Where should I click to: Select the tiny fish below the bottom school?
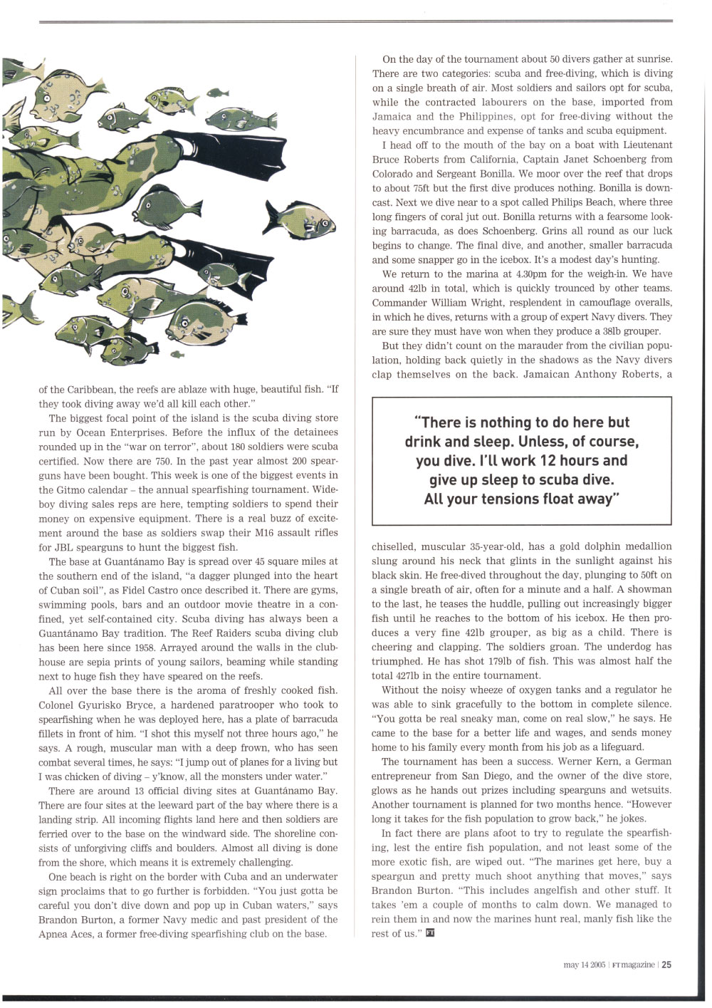177,354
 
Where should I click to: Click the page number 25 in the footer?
666,965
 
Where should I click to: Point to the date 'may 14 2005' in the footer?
584,965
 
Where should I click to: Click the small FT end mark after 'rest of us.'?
429,933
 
